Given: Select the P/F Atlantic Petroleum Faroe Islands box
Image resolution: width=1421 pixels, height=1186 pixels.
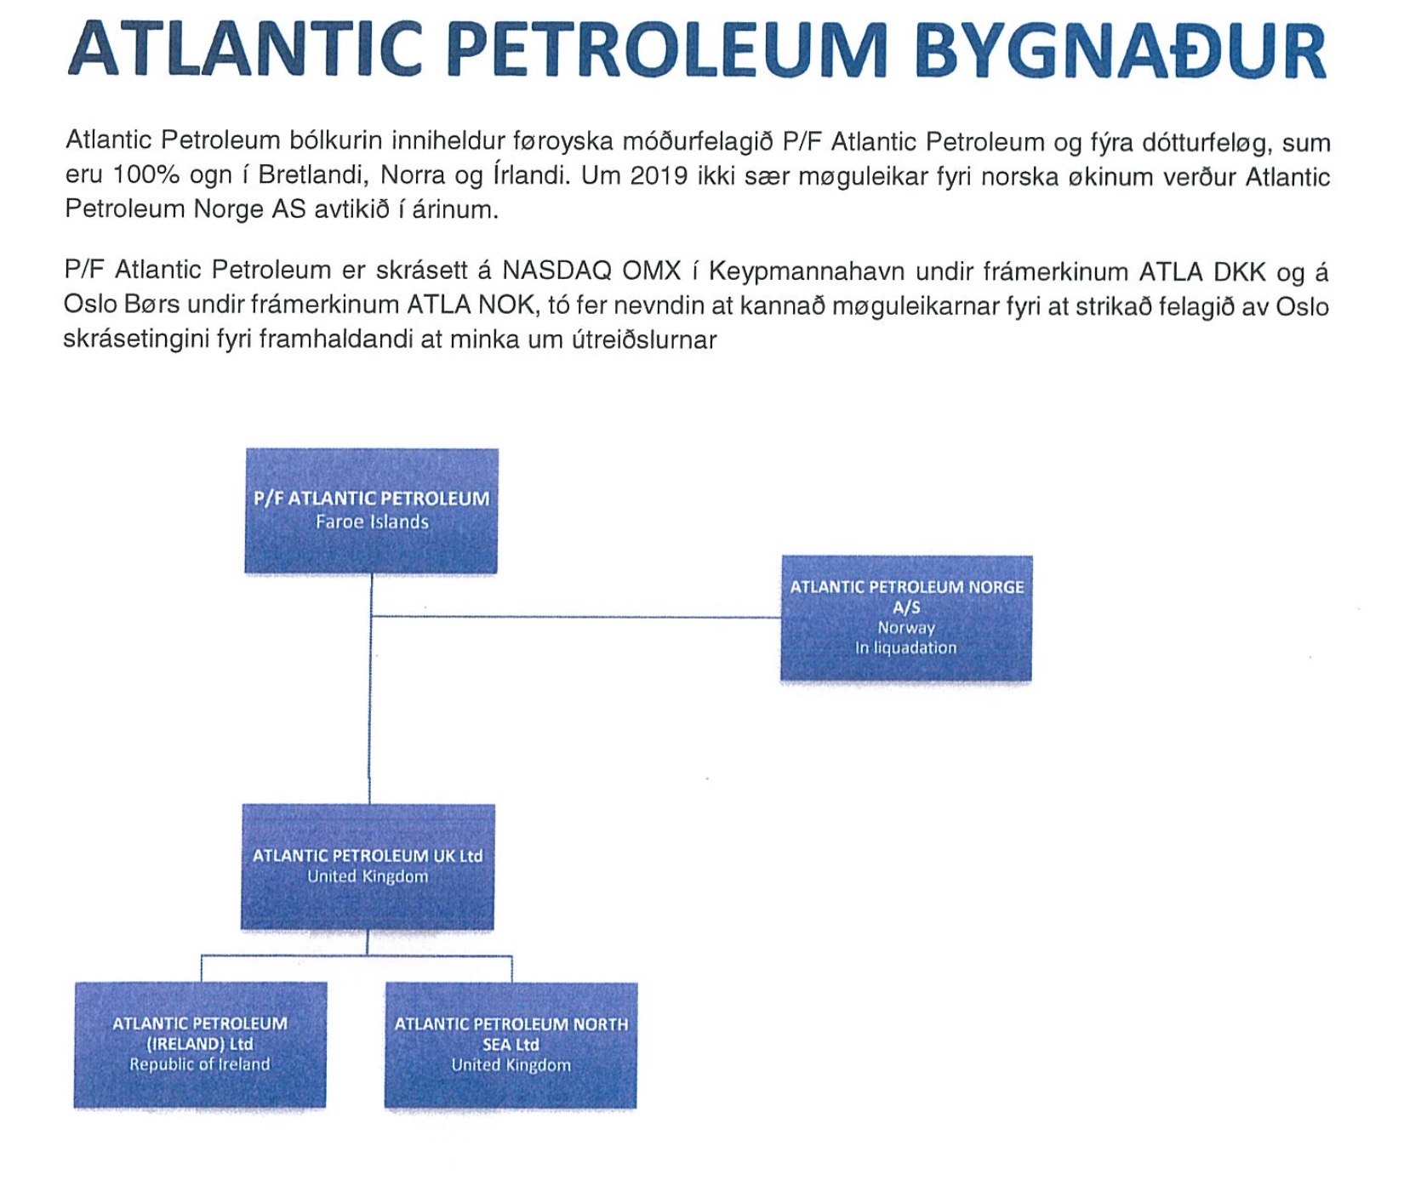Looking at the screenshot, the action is coord(372,510).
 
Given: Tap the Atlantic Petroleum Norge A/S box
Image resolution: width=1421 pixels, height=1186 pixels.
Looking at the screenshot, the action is coord(906,618).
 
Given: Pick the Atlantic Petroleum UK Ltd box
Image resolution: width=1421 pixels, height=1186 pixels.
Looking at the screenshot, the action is coord(368,866).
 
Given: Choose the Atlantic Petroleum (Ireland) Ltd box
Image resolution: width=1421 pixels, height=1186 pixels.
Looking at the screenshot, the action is coord(200,1045).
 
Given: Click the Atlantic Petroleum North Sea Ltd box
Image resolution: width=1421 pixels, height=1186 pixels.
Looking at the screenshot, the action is coord(511,1046).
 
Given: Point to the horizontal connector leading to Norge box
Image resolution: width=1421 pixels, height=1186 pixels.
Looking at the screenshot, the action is coord(576,616).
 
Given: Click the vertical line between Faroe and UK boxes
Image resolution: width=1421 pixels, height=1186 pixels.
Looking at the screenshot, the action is coord(370,689).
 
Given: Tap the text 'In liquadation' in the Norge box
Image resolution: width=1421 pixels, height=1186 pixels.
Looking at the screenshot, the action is coord(906,647).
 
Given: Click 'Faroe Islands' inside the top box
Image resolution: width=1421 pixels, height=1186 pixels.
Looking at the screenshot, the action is coord(372,522).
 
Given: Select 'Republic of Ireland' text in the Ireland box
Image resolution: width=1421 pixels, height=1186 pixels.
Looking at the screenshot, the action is coord(200,1064).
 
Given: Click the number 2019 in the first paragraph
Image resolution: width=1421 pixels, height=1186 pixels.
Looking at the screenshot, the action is coord(659,176).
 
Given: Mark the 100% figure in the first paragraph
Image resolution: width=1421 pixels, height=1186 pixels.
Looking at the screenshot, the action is coord(146,175).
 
